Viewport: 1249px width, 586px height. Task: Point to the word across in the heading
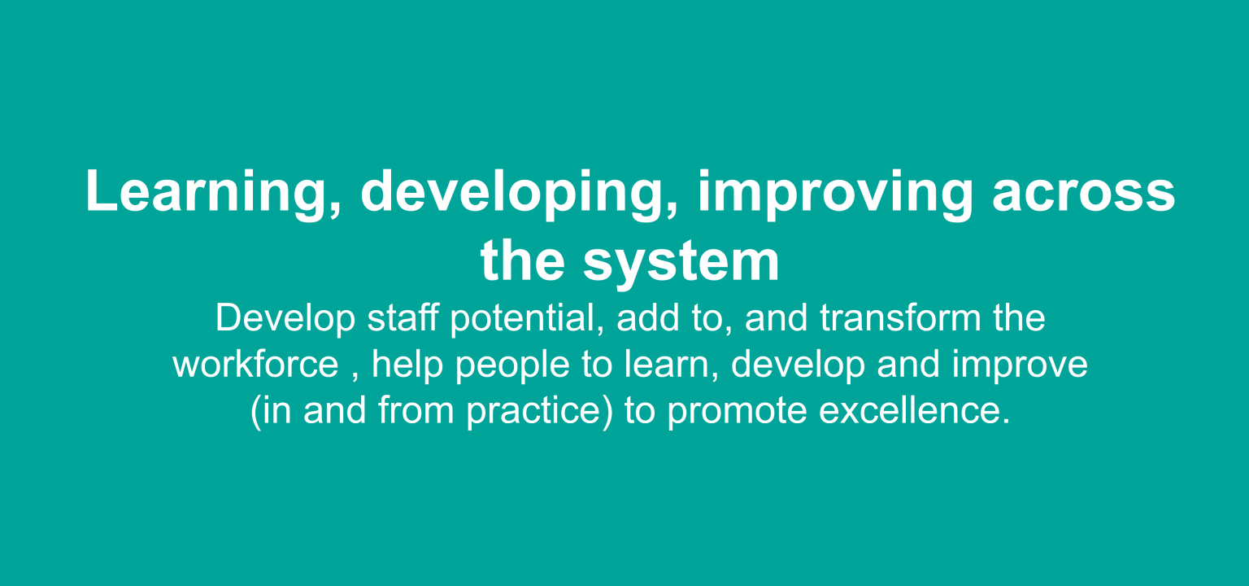pyautogui.click(x=1083, y=193)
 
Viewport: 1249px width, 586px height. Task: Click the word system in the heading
pyautogui.click(x=682, y=261)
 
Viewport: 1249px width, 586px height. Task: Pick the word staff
pyautogui.click(x=403, y=318)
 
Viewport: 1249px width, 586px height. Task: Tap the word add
pyautogui.click(x=648, y=318)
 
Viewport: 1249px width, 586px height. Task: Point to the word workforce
pyautogui.click(x=255, y=365)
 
